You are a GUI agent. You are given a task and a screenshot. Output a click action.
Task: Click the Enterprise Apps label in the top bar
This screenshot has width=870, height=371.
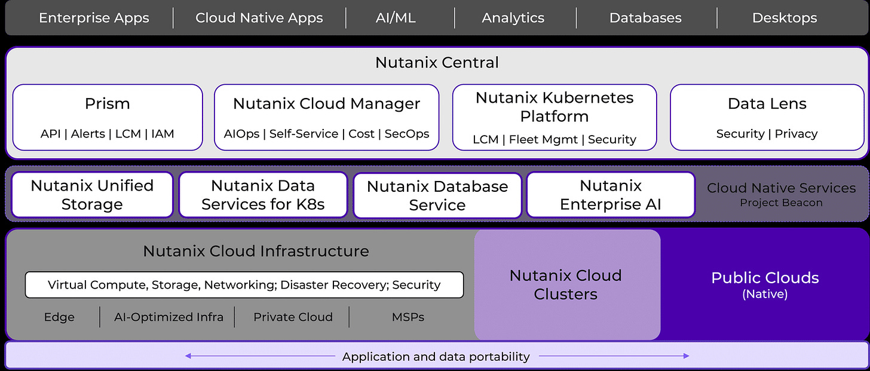(94, 18)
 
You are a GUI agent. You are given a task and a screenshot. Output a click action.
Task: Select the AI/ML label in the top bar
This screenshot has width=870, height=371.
(396, 18)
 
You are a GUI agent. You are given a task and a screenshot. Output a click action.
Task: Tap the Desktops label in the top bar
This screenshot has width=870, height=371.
(785, 18)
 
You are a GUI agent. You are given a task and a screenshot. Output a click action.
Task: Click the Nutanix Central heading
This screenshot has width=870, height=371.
(437, 63)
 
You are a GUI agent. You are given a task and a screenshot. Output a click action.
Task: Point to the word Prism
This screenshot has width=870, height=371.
(107, 104)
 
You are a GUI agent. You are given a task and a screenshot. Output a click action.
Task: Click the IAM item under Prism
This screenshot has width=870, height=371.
(163, 134)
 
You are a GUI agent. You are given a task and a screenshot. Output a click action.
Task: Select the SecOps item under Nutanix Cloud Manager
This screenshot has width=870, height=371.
(407, 134)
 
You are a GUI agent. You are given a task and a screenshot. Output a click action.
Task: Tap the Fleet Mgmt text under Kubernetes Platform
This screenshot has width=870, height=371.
(543, 139)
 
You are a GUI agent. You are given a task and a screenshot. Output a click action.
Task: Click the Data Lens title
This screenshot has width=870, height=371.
(767, 104)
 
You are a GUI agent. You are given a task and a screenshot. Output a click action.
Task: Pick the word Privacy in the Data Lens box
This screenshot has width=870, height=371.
(796, 134)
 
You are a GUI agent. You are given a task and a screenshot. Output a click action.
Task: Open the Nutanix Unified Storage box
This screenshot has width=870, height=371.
(92, 195)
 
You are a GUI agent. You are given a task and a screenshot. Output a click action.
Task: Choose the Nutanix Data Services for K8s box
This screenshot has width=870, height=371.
(263, 195)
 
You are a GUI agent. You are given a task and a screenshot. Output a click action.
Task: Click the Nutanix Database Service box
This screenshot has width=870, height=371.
(437, 196)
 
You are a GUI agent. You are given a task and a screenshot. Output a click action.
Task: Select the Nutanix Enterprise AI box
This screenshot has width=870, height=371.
(611, 195)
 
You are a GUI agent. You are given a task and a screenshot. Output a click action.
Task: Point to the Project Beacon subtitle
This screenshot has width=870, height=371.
(781, 203)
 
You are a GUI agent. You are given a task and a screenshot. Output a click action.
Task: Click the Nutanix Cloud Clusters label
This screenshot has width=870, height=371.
(565, 285)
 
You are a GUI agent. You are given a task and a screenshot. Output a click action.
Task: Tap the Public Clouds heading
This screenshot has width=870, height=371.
(765, 278)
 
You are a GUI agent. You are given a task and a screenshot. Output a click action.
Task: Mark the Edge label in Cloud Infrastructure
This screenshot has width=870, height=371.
(59, 317)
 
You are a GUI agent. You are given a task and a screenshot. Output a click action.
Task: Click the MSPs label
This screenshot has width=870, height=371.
(408, 317)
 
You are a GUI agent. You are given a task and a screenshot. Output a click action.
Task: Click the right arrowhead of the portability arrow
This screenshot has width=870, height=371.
(687, 356)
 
